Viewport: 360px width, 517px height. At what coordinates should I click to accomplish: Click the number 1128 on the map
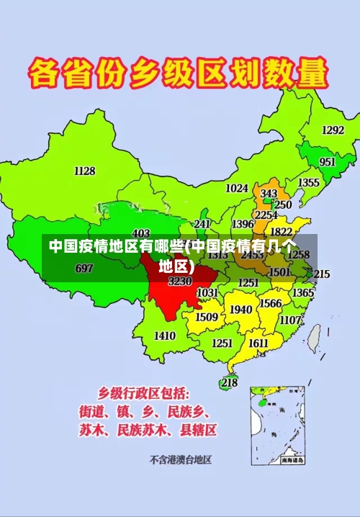pos(84,171)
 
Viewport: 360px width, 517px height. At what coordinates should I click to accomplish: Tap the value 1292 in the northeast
pos(333,130)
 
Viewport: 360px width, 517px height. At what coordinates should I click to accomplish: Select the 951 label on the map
pos(327,162)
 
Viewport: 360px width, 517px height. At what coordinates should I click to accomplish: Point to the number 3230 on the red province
pos(180,282)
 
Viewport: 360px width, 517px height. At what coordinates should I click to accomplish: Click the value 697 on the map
pos(84,269)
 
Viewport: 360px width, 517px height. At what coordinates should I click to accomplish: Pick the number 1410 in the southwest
pos(165,336)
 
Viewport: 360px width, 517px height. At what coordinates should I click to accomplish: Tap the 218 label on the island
pos(229,382)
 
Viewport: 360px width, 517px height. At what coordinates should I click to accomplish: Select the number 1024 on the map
pos(237,188)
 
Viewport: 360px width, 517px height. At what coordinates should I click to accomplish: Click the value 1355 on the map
pos(308,183)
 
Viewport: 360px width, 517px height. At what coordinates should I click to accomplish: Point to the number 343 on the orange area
pos(269,194)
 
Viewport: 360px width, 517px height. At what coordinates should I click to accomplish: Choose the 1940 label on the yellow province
pos(240,310)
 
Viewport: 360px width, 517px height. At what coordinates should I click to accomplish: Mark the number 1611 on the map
pos(258,343)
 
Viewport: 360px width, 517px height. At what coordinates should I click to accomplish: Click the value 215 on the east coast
pos(321,274)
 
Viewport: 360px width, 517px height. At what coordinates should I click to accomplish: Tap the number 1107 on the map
pos(291,320)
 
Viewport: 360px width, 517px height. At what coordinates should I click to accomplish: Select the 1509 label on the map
pos(207,317)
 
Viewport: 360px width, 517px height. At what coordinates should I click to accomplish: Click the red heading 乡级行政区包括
pos(144,393)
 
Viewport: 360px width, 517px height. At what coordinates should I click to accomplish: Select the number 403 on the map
pos(141,233)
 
